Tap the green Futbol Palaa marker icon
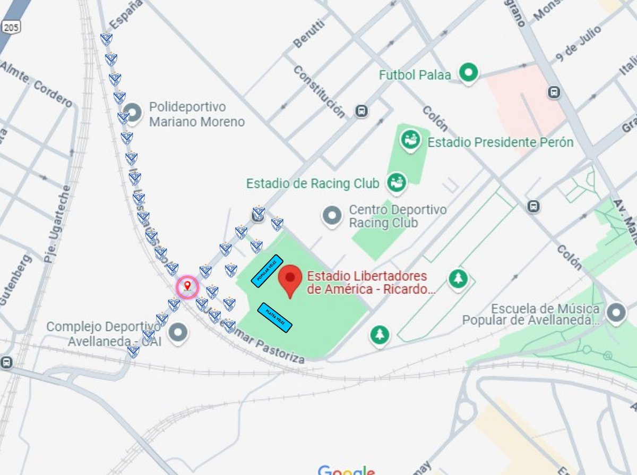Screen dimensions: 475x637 coord(468,73)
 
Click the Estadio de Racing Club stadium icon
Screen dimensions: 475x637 coord(397,183)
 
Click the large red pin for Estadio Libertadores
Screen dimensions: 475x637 coord(290,282)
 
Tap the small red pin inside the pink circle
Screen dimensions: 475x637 coord(187,287)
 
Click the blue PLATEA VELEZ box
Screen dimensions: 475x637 coord(274,317)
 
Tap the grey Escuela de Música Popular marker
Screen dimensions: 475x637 coord(616,313)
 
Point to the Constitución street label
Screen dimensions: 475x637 coord(319,91)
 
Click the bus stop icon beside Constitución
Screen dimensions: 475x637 coord(361,111)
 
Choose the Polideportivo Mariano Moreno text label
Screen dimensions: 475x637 coord(196,114)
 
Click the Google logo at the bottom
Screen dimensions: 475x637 coord(346,470)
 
